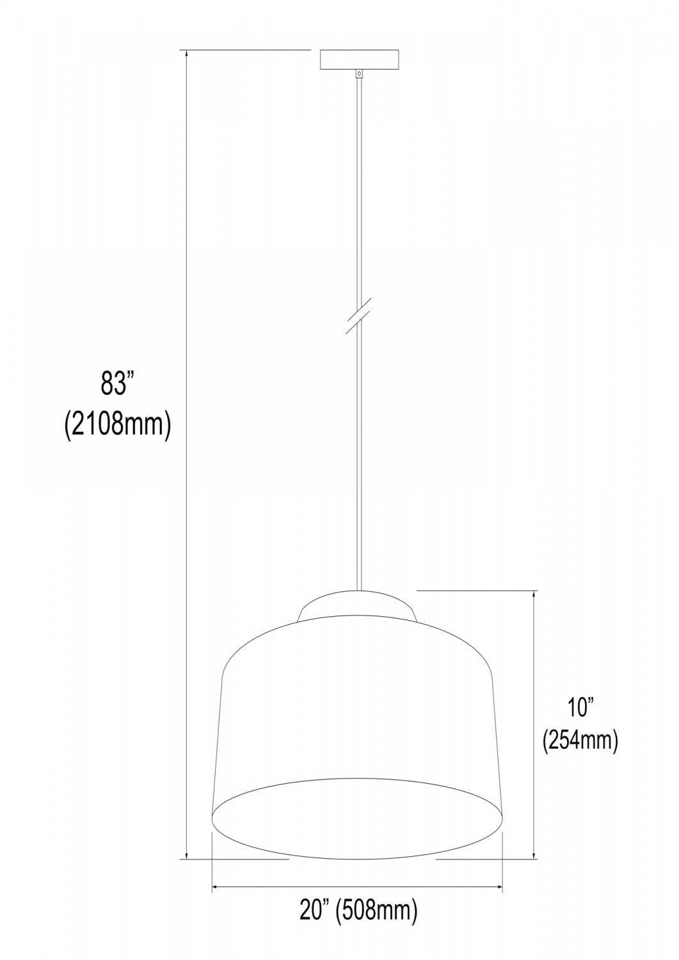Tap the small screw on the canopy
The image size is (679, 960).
point(360,74)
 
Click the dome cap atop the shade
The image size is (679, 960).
point(358,605)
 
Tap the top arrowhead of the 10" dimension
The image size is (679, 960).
point(535,596)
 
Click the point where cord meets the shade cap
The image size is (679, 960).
point(359,590)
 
